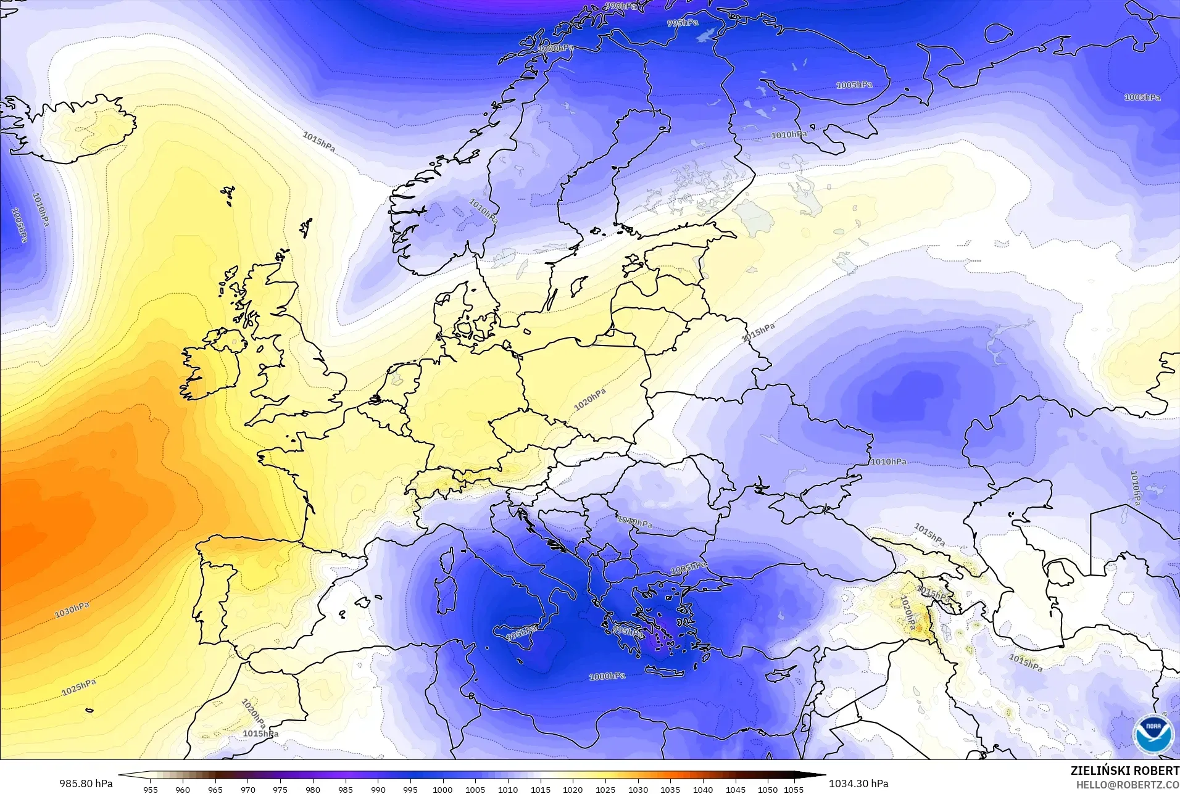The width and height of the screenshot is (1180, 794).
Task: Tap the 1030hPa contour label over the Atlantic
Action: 72,610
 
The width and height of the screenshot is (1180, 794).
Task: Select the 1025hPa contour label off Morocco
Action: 79,687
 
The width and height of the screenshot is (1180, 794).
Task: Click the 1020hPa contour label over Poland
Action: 590,399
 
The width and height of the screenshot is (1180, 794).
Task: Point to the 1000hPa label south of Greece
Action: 607,676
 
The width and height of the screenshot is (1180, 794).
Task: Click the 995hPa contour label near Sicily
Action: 521,634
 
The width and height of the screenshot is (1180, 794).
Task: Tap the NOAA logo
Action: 1153,734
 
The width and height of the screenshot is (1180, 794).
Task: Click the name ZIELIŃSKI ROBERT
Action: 1124,771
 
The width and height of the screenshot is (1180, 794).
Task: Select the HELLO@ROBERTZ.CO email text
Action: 1128,785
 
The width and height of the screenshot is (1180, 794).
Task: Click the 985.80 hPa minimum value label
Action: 86,784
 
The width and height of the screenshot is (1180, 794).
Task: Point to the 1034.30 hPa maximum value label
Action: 858,784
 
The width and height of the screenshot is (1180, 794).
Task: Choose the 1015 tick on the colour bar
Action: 541,789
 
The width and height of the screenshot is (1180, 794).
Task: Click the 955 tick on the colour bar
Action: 151,789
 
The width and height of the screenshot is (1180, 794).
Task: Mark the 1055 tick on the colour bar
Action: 794,789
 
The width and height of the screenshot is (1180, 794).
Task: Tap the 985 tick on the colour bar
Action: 346,789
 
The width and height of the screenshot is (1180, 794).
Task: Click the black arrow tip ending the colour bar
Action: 822,775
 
